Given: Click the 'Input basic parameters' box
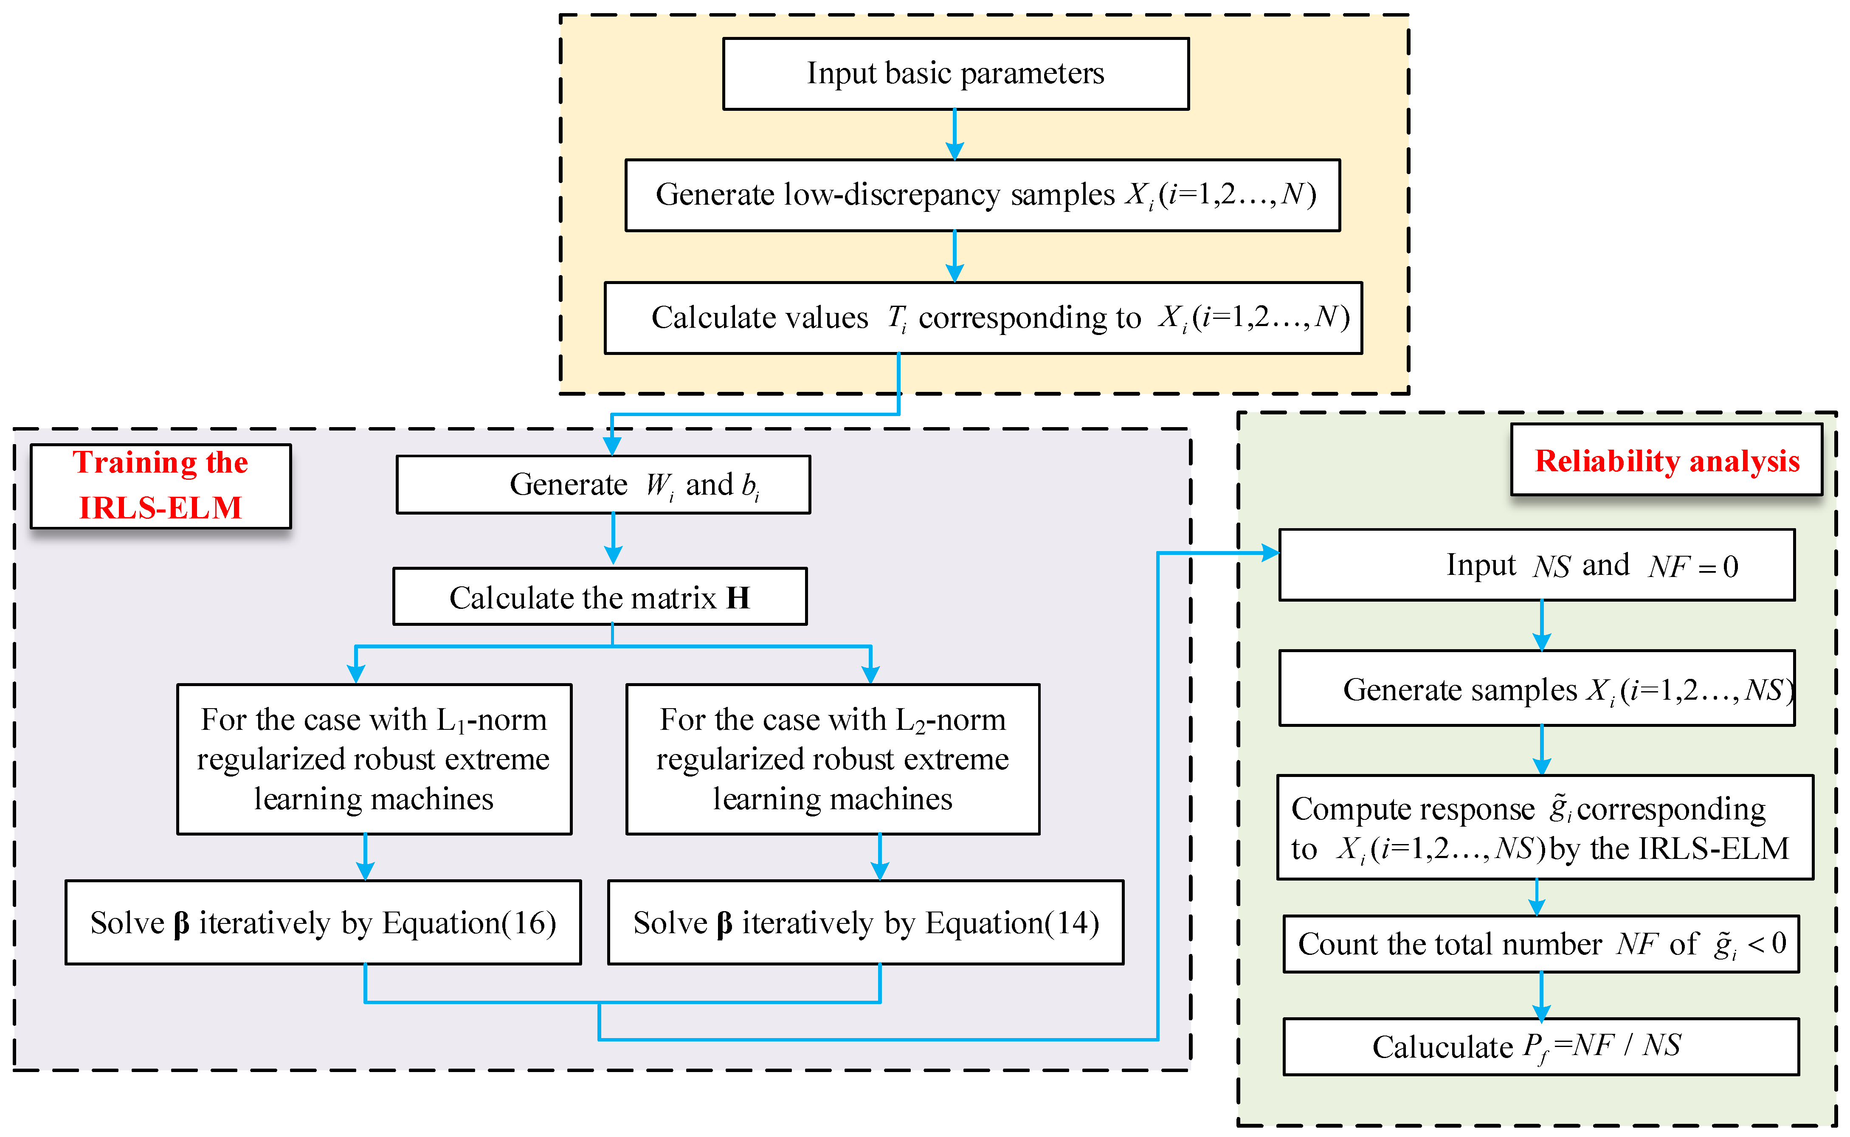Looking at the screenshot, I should [x=955, y=74].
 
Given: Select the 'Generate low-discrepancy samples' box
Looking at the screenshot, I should [x=982, y=195].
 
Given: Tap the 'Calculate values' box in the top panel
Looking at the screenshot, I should [x=983, y=317].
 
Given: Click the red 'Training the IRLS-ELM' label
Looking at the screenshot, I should [x=160, y=485].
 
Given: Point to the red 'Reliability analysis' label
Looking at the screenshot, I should [x=1667, y=460].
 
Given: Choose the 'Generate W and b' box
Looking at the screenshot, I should [x=603, y=484].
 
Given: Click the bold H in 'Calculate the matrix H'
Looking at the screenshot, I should [x=738, y=598].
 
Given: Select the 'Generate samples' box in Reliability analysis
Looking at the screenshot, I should [x=1536, y=688].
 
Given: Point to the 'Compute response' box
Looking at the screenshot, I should [x=1545, y=827].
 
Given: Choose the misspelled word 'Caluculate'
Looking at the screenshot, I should [x=1442, y=1046].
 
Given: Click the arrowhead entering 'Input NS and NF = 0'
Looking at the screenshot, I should [x=1270, y=554].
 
